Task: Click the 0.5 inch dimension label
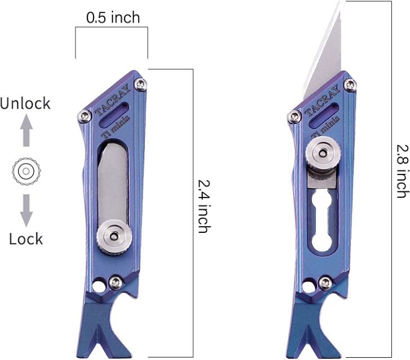pyautogui.click(x=113, y=18)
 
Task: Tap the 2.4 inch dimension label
pyautogui.click(x=204, y=206)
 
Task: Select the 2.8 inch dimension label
pyautogui.click(x=403, y=171)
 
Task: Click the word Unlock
pyautogui.click(x=25, y=103)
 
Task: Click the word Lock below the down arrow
pyautogui.click(x=26, y=238)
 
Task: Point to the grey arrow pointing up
pyautogui.click(x=26, y=130)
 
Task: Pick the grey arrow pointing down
pyautogui.click(x=26, y=210)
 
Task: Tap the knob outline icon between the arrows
pyautogui.click(x=26, y=172)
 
